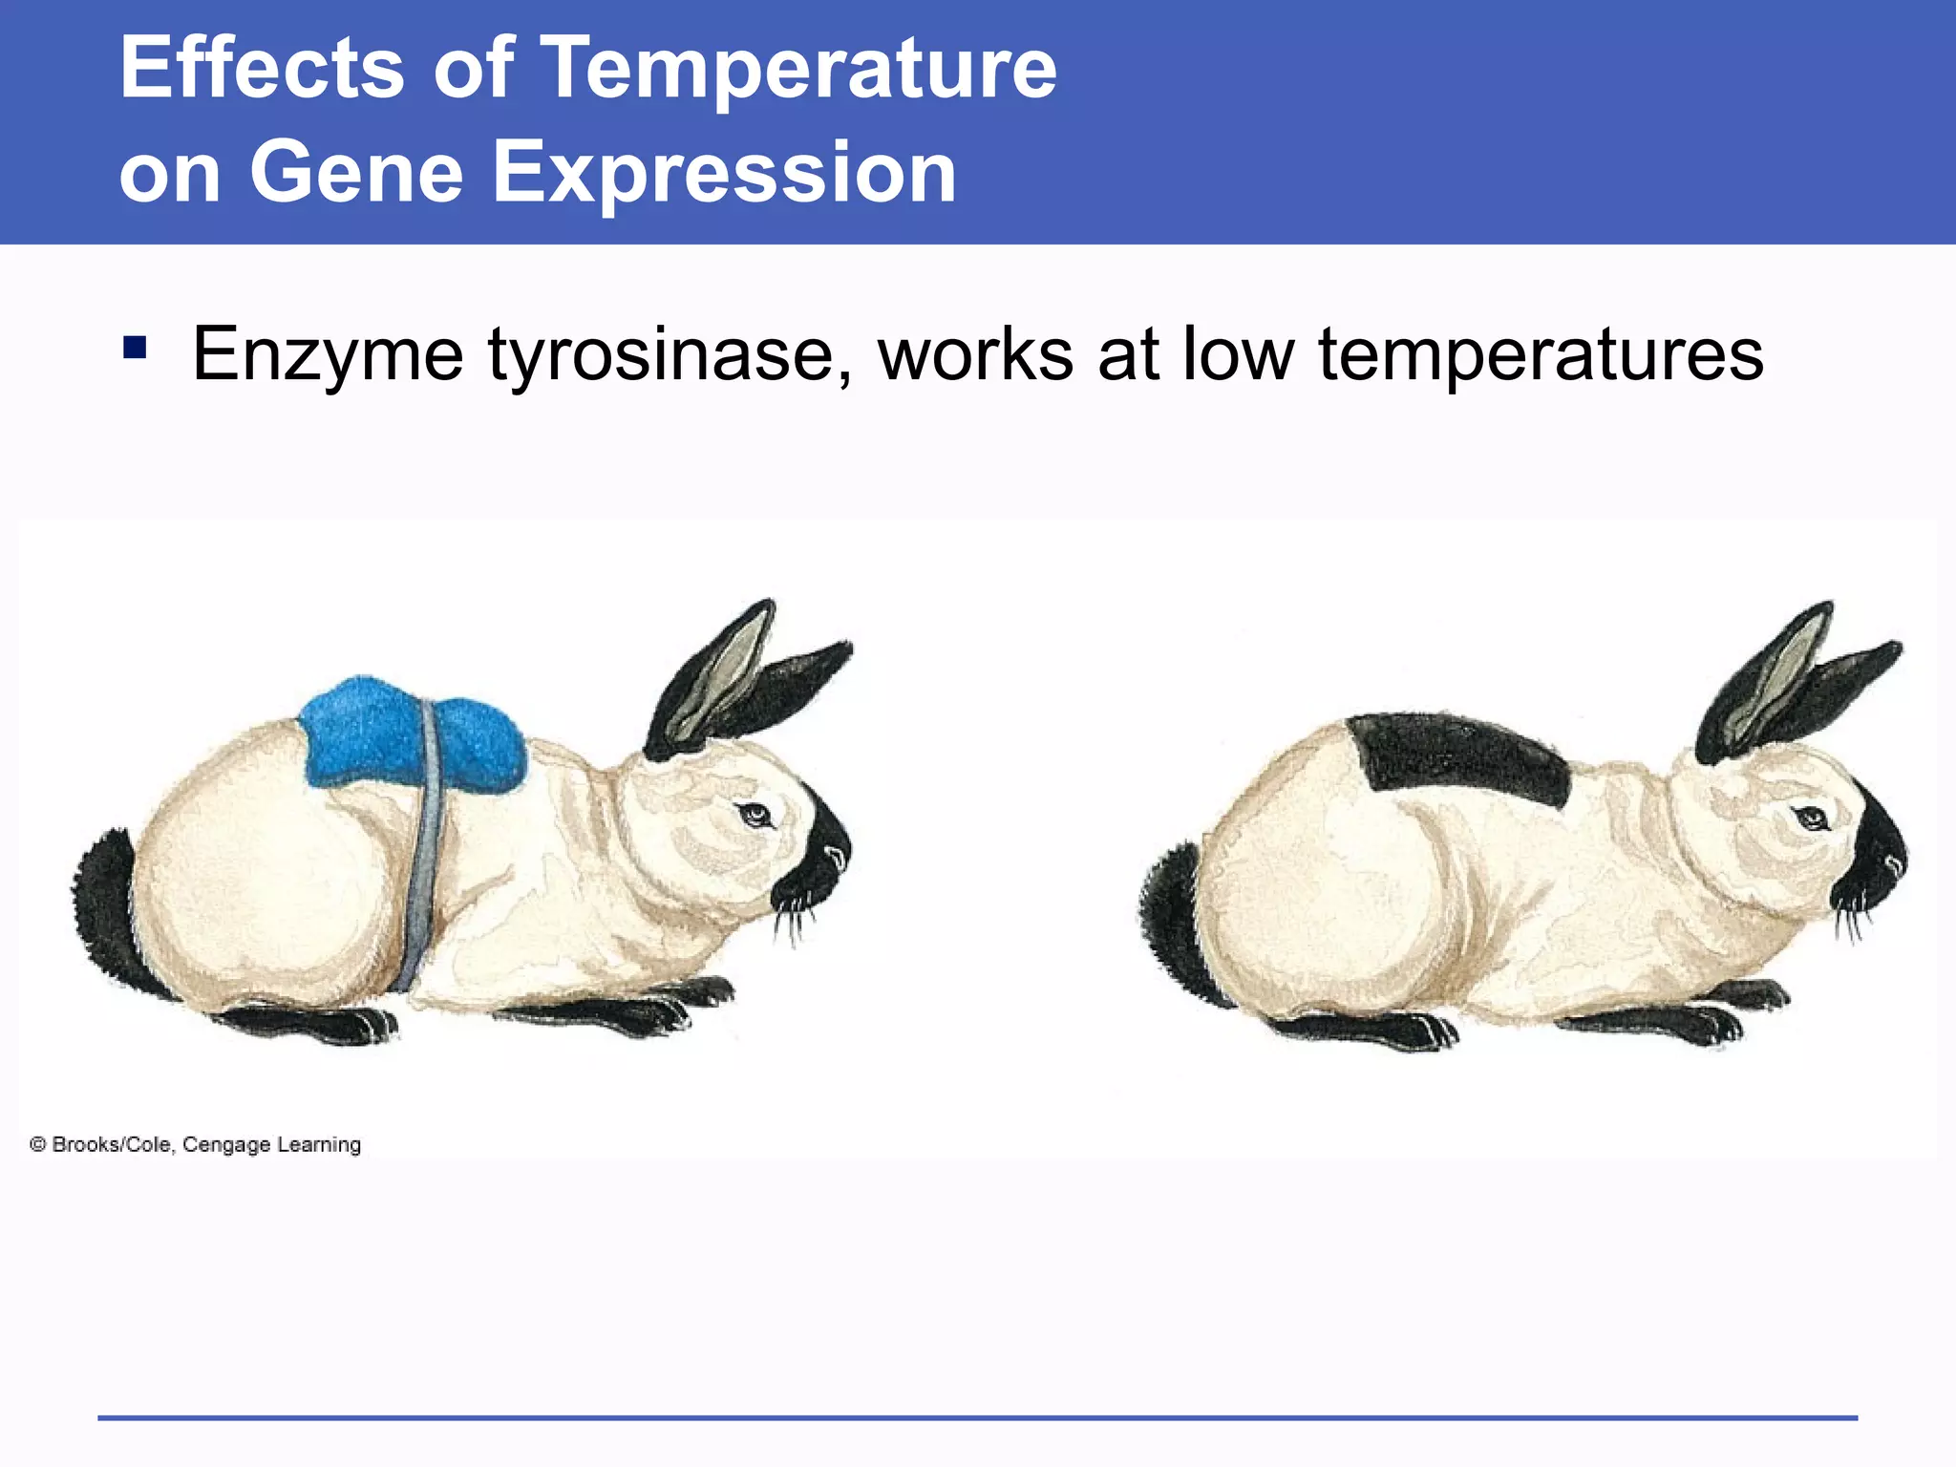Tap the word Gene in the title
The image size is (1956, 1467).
click(356, 172)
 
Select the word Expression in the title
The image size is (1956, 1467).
click(724, 174)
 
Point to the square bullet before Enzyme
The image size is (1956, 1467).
click(135, 347)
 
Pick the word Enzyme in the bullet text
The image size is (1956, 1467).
click(328, 355)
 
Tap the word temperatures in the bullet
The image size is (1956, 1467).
click(1540, 355)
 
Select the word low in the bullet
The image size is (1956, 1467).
click(1239, 353)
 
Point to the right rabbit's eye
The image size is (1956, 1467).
click(1810, 819)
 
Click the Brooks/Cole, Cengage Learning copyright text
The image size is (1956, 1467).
click(206, 1144)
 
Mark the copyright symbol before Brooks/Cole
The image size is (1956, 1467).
click(38, 1144)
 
